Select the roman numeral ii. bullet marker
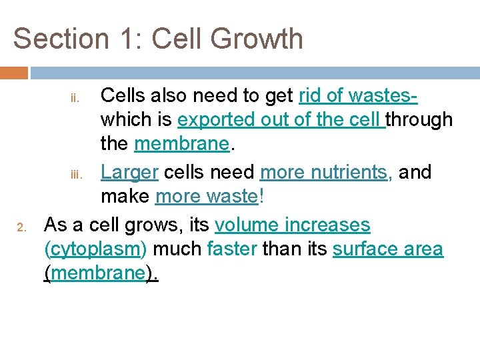(75, 99)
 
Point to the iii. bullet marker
(75, 175)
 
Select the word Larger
(129, 172)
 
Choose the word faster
(232, 249)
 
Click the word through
(419, 120)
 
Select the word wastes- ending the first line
(382, 96)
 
